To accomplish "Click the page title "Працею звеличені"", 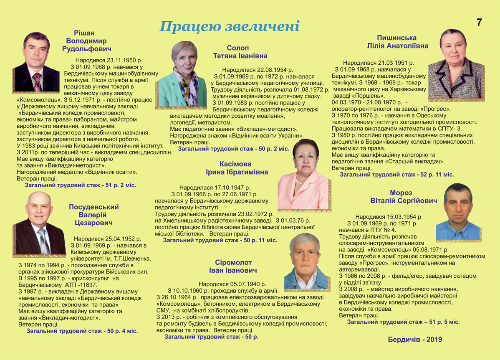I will point(230,26).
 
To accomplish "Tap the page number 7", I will point(479,23).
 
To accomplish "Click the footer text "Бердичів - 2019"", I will point(414,340).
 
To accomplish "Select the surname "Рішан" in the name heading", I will point(84,33).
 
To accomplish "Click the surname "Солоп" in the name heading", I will point(237,48).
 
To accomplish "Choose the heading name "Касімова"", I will point(236,164).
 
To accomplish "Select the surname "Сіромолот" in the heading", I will point(234,263).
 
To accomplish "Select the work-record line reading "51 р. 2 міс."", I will point(81,185).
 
